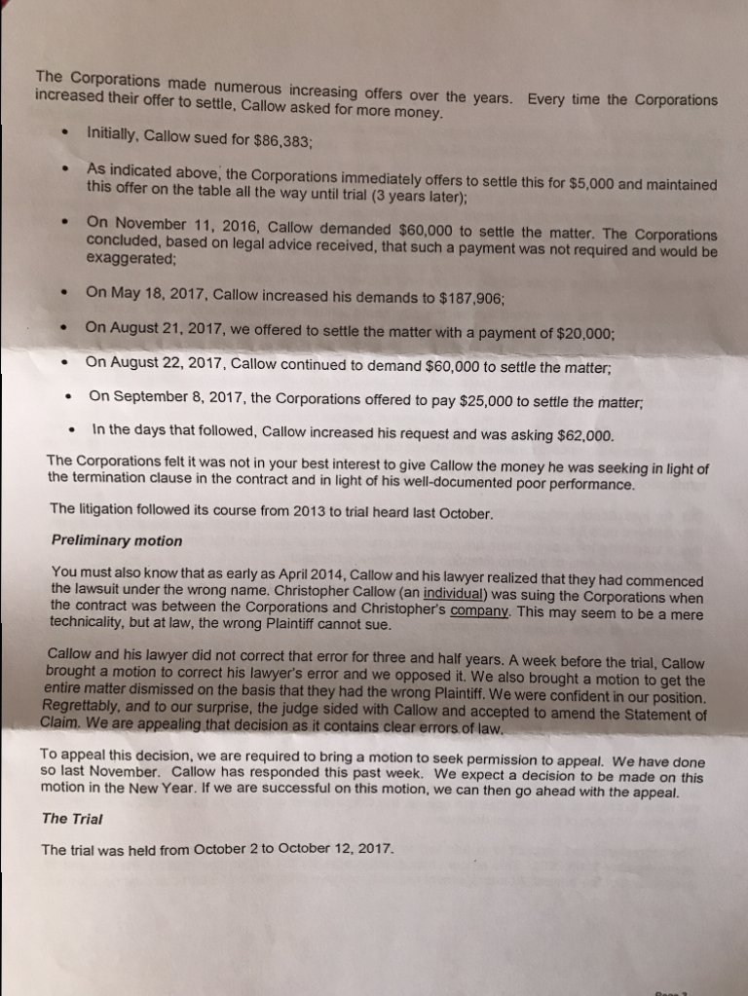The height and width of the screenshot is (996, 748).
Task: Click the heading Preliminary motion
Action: tap(116, 540)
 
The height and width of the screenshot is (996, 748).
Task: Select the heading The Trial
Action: tap(73, 819)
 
